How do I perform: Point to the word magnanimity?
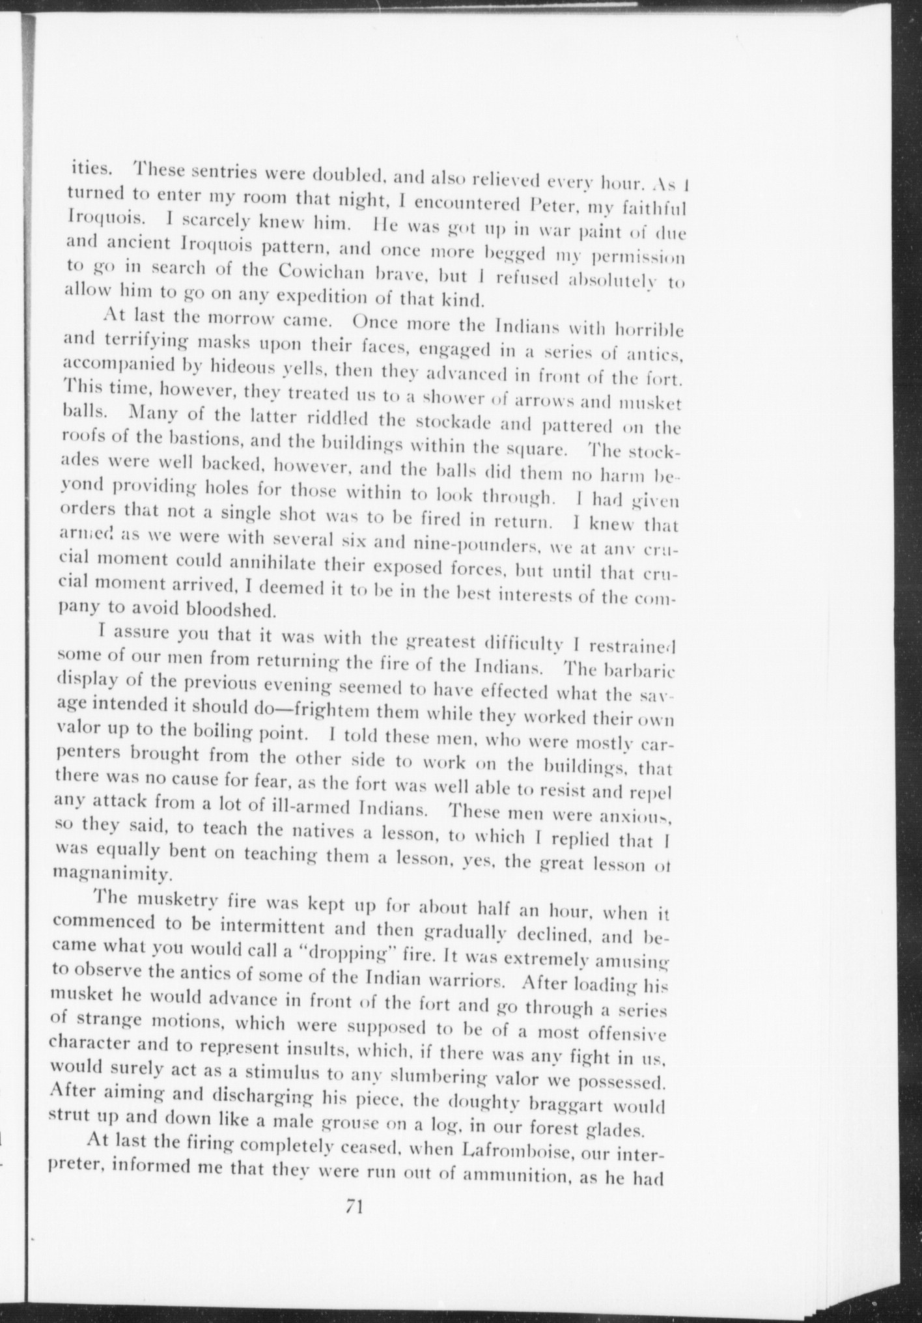point(114,870)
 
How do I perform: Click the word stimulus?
point(283,1072)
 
